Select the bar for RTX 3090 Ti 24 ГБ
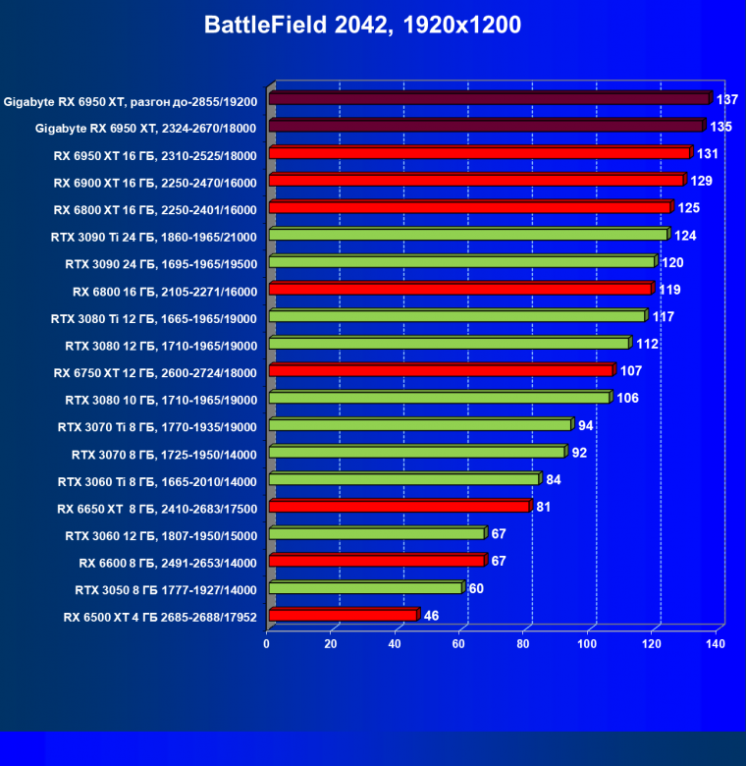coord(467,236)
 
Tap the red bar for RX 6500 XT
coord(343,616)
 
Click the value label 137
coord(727,99)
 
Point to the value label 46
coord(431,616)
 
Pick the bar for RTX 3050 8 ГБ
coord(364,589)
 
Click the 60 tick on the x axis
coord(459,644)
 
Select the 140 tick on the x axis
coord(715,644)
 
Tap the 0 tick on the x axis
coord(267,644)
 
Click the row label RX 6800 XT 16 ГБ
coord(155,209)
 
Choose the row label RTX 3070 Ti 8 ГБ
coord(157,426)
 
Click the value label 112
coord(647,344)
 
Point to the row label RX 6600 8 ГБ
coord(168,563)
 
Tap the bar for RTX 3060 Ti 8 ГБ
coord(402,480)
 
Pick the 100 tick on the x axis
coord(587,644)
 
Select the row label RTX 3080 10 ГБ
coord(161,400)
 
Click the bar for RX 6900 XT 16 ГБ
coord(475,182)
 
